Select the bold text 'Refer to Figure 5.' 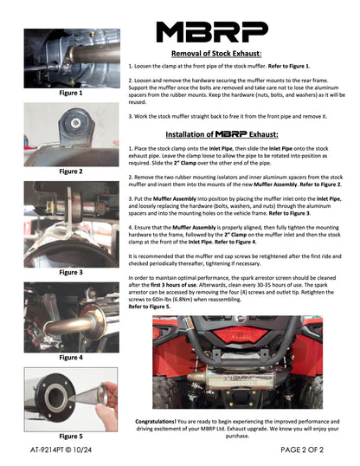(x=149, y=307)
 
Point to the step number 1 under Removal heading (x=131, y=66)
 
